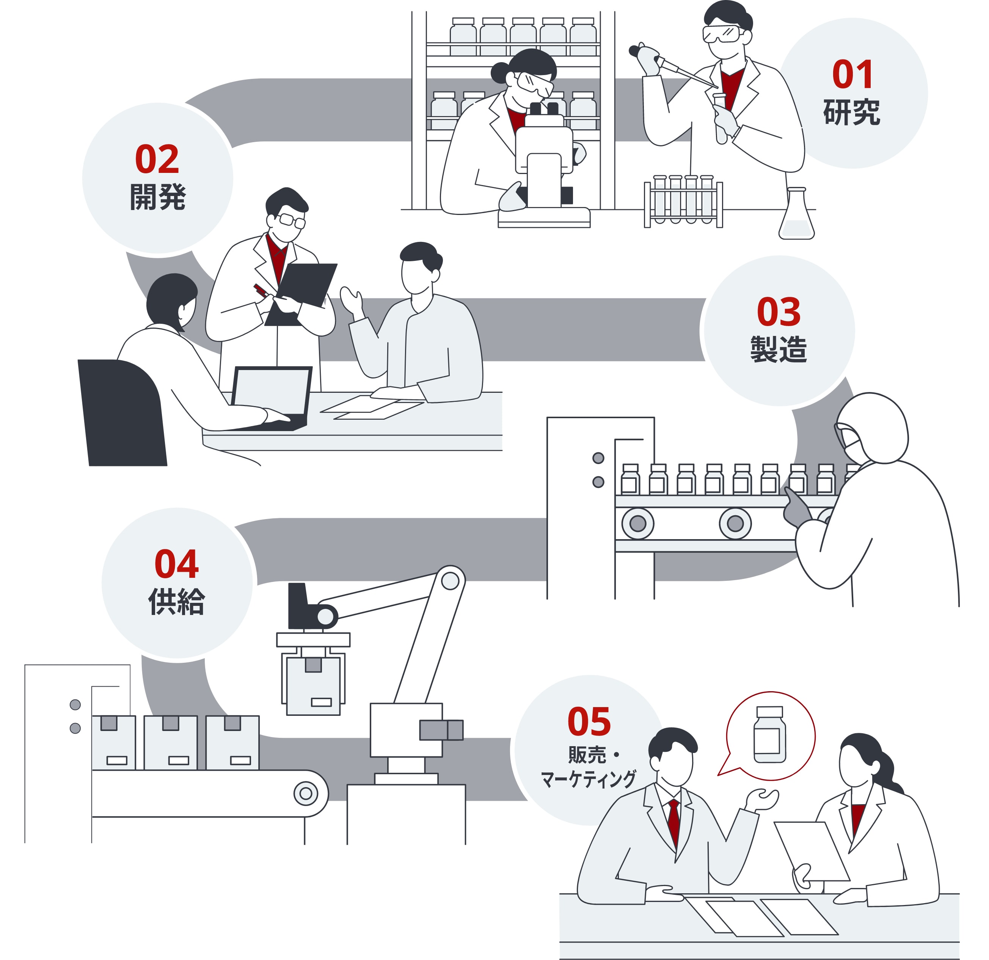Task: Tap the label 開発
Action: coord(158,197)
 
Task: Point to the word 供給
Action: coord(177,601)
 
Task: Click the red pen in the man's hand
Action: coord(261,290)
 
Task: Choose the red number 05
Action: coord(589,722)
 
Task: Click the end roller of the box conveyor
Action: coord(306,794)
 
